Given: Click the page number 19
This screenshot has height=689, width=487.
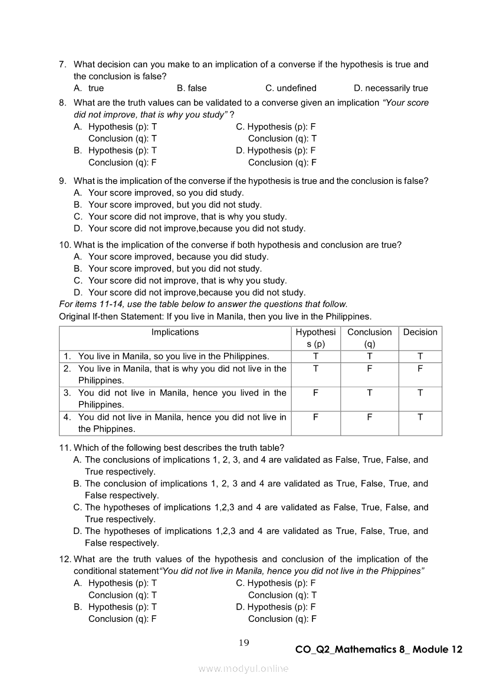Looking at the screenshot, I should [244, 643].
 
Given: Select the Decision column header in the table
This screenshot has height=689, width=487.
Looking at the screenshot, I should [420, 332].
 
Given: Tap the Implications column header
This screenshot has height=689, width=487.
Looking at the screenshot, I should [175, 332].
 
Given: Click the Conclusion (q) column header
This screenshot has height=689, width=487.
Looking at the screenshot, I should [369, 338].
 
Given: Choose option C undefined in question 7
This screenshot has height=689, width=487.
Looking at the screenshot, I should [291, 88].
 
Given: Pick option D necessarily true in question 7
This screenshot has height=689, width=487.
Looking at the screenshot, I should [390, 88].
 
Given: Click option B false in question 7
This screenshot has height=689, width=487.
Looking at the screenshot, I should [192, 88].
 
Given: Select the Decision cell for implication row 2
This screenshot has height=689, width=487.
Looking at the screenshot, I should [420, 369].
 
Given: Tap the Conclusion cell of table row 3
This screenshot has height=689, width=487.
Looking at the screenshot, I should [369, 393].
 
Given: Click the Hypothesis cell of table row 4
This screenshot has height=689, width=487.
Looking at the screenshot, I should [315, 417].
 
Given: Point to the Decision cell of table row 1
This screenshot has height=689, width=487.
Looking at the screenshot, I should [420, 357].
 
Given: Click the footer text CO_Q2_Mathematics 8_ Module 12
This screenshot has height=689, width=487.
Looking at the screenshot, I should [379, 650].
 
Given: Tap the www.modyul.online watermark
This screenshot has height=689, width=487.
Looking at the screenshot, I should [244, 668].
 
